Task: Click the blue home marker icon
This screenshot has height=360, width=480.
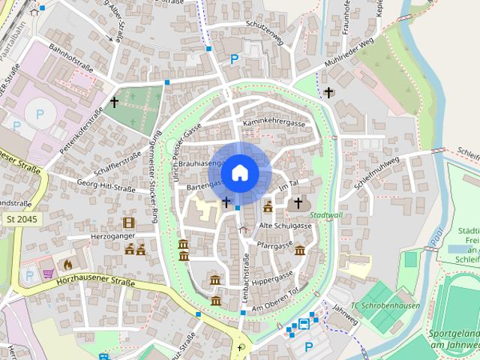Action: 239,173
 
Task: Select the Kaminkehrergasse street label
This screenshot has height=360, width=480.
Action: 274,122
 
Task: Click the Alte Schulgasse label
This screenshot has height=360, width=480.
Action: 285,226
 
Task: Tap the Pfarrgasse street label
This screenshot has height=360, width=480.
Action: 274,245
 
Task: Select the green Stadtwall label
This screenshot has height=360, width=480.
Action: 325,214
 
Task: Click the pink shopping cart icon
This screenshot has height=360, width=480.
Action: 49,274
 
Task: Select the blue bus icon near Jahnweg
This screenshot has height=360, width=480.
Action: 304,324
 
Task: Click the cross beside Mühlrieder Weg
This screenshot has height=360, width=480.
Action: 329,92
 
